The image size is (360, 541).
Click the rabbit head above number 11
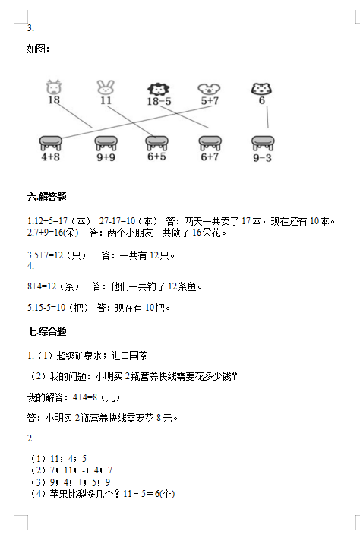tap(106, 87)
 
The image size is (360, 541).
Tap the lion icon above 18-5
tap(158, 90)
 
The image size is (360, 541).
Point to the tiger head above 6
tap(261, 89)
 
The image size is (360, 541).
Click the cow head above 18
tap(53, 87)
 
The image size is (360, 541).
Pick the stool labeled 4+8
tap(50, 143)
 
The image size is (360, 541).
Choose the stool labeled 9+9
tap(106, 143)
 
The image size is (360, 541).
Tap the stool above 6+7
tap(210, 143)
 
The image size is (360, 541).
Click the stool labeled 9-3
tap(263, 143)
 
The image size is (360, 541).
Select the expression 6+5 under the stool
tap(156, 157)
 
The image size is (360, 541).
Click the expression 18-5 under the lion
tap(159, 101)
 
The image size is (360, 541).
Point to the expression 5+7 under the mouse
tap(210, 101)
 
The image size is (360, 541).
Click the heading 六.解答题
tap(47, 197)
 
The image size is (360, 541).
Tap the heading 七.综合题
tap(47, 331)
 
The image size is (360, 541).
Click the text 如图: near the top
tap(38, 49)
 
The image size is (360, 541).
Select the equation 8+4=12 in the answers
tap(42, 286)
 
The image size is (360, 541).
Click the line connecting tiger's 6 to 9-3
tap(267, 117)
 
